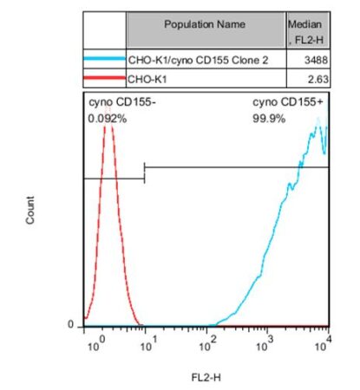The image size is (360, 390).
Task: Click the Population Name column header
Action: click(x=206, y=25)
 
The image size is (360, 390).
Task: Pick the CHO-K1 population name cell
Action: click(x=145, y=79)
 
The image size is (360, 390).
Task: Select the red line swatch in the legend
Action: click(x=104, y=79)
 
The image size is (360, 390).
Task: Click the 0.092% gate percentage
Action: click(x=108, y=118)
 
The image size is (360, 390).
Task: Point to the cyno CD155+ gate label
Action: click(x=284, y=103)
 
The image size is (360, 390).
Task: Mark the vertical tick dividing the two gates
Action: click(x=144, y=172)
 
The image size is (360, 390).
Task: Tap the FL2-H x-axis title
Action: click(x=206, y=377)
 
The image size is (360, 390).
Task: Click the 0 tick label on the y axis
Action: click(x=73, y=325)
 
